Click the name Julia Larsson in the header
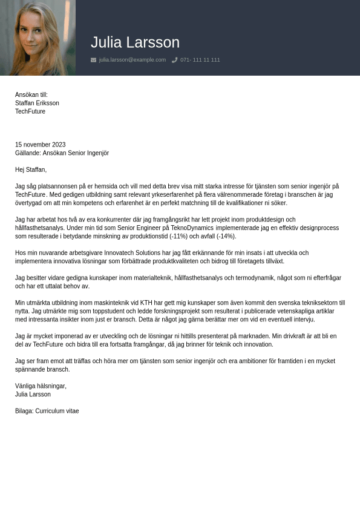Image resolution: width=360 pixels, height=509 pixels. (x=135, y=42)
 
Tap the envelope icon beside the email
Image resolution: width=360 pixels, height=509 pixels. (x=93, y=60)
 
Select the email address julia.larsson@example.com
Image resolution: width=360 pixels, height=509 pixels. (x=132, y=60)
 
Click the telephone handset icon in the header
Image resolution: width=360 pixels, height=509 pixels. (x=174, y=60)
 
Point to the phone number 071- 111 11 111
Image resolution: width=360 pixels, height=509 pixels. (x=200, y=60)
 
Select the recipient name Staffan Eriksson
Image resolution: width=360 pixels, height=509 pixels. (x=37, y=103)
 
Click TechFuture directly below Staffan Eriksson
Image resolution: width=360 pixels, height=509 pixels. (x=30, y=111)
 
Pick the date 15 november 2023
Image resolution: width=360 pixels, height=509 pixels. (x=40, y=145)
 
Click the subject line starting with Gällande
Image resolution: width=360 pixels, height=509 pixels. (x=62, y=153)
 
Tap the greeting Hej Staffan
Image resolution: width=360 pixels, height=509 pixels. (x=31, y=169)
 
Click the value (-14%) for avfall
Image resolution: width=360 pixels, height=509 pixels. (x=226, y=236)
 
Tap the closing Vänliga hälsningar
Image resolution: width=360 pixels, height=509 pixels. (x=41, y=386)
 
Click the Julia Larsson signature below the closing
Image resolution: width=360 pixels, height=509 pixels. (x=33, y=395)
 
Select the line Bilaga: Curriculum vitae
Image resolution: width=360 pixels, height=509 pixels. (x=47, y=411)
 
